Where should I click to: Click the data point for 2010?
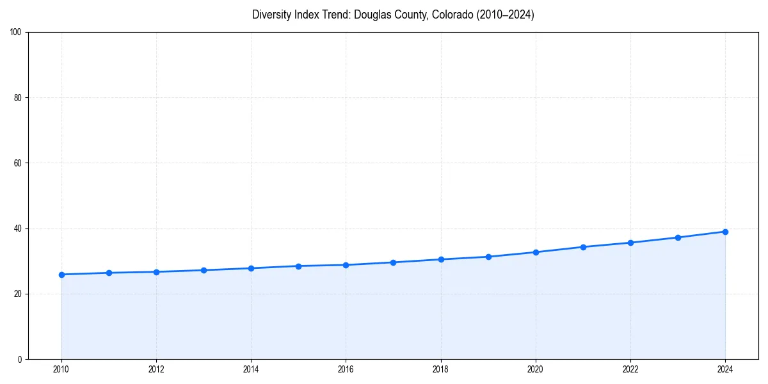61,275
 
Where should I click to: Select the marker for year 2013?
204,270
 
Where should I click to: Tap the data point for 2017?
393,262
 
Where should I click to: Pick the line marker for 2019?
488,257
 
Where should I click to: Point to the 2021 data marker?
583,247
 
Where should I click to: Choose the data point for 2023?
678,237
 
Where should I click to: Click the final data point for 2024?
725,232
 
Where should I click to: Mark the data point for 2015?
298,266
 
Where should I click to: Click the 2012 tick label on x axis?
156,369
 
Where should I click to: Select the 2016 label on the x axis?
346,369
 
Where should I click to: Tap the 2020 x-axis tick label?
536,369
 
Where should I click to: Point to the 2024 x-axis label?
725,369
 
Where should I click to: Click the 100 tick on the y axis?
16,33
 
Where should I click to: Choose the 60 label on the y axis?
18,163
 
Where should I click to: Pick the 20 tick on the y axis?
18,294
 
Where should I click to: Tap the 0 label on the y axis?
20,359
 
